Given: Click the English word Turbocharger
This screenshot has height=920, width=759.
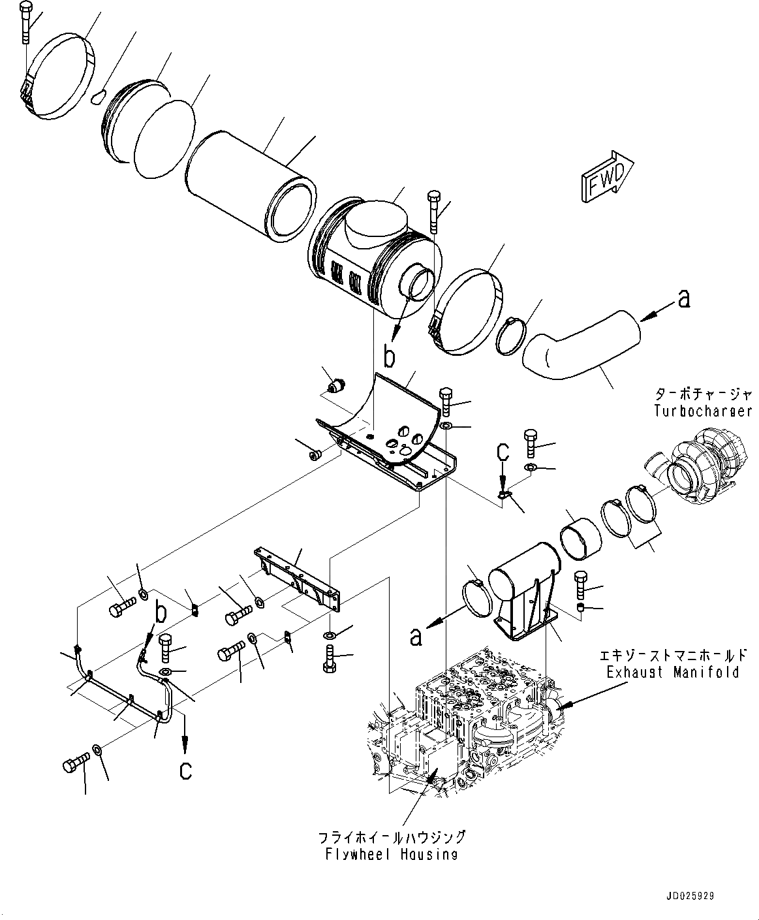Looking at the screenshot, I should [x=703, y=411].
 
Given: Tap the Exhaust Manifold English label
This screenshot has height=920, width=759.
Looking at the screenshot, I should [x=672, y=671].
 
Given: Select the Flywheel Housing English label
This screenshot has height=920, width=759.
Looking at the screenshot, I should [x=392, y=854].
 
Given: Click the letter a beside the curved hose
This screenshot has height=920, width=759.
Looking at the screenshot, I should [x=683, y=300].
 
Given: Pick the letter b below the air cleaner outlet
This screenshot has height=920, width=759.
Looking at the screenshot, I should [x=389, y=357].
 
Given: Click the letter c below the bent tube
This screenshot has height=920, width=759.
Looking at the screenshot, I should [x=186, y=770].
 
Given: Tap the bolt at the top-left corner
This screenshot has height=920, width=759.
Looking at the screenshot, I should [x=25, y=23].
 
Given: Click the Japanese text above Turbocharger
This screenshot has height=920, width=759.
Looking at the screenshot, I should [x=704, y=394].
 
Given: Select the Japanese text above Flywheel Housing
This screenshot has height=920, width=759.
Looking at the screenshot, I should [x=392, y=838].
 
